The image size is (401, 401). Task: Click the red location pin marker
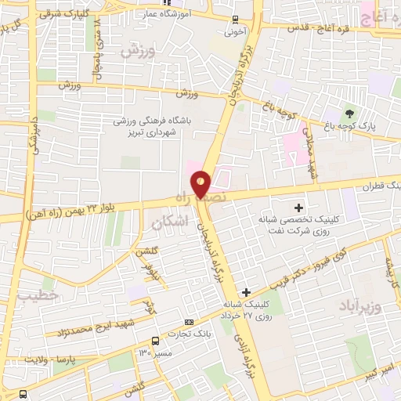(201, 183)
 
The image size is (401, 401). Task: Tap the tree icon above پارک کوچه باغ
(349, 113)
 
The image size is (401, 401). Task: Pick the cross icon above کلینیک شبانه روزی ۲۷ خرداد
(247, 292)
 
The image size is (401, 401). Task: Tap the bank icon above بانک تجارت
(189, 322)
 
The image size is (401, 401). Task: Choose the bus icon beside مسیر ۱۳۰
(156, 341)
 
